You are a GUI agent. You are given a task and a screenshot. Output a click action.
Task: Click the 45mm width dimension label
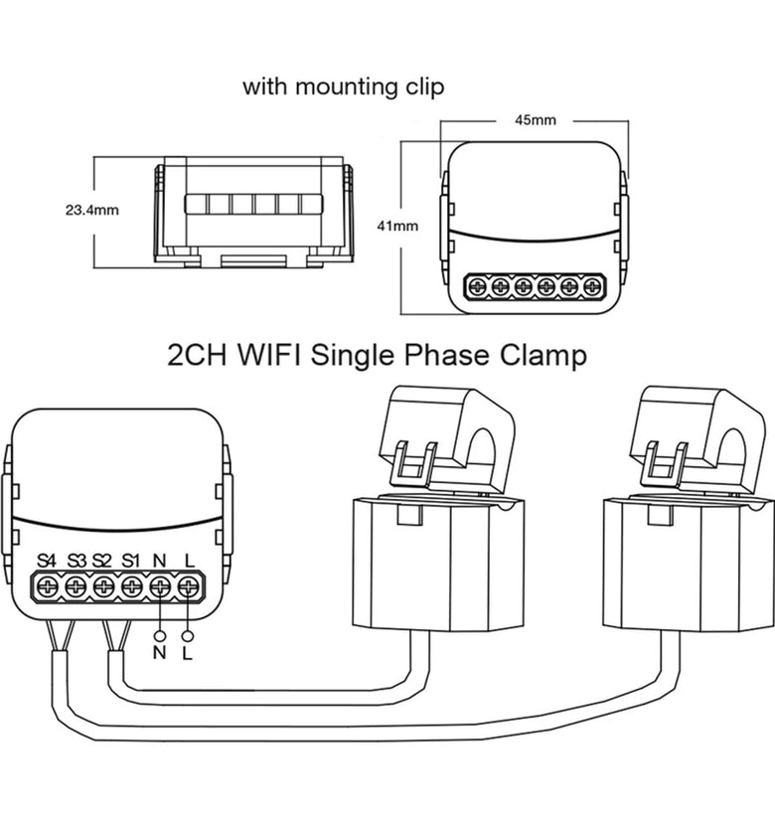pos(536,120)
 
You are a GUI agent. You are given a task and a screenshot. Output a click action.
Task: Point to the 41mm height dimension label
pos(398,226)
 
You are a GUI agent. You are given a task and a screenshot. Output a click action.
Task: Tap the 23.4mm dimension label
pos(92,211)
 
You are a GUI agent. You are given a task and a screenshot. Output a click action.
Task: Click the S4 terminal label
pos(46,562)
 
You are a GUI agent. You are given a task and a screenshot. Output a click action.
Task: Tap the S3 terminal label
pos(77,562)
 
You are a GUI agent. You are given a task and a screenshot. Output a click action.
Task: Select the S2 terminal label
pos(102,562)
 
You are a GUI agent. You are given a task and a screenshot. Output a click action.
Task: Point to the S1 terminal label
pos(131,562)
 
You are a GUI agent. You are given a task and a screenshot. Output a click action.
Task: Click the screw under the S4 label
pos(47,587)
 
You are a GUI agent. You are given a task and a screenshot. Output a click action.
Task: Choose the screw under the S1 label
pos(132,587)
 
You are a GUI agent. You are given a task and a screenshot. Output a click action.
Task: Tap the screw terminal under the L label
pos(188,587)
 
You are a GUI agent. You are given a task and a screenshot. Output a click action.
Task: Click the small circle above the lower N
pos(159,636)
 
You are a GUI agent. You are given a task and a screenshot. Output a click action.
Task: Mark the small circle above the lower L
pos(187,636)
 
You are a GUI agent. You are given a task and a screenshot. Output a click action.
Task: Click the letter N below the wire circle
pos(160,653)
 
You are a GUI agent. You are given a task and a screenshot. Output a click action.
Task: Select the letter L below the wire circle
pos(188,653)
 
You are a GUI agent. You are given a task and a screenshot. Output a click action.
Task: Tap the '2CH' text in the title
pos(198,356)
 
